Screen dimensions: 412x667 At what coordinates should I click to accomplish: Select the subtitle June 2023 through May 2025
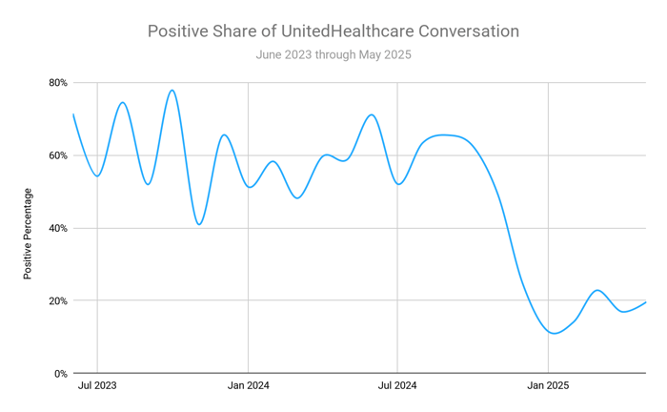(333, 54)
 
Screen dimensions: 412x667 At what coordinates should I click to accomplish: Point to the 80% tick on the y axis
(57, 83)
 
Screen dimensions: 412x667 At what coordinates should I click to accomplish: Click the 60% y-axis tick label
(57, 155)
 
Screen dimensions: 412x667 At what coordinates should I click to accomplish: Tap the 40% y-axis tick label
(57, 228)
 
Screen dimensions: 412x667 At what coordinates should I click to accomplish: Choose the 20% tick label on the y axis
(57, 300)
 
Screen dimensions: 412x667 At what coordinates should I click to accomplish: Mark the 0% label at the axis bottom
(60, 373)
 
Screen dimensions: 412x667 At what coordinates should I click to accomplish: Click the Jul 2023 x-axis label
(98, 387)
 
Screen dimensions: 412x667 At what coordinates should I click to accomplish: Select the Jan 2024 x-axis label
(248, 387)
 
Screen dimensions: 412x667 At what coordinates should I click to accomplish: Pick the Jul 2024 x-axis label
(398, 387)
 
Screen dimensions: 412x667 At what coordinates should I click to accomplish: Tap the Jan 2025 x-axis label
(548, 387)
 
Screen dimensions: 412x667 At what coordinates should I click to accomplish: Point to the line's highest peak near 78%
(172, 91)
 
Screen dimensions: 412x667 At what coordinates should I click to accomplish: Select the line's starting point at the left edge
(73, 114)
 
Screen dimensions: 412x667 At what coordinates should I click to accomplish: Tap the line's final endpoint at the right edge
(646, 302)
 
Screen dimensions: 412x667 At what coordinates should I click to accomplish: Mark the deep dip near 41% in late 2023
(198, 224)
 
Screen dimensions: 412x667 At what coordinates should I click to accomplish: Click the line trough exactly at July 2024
(398, 183)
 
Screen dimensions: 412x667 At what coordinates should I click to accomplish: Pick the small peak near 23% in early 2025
(597, 290)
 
